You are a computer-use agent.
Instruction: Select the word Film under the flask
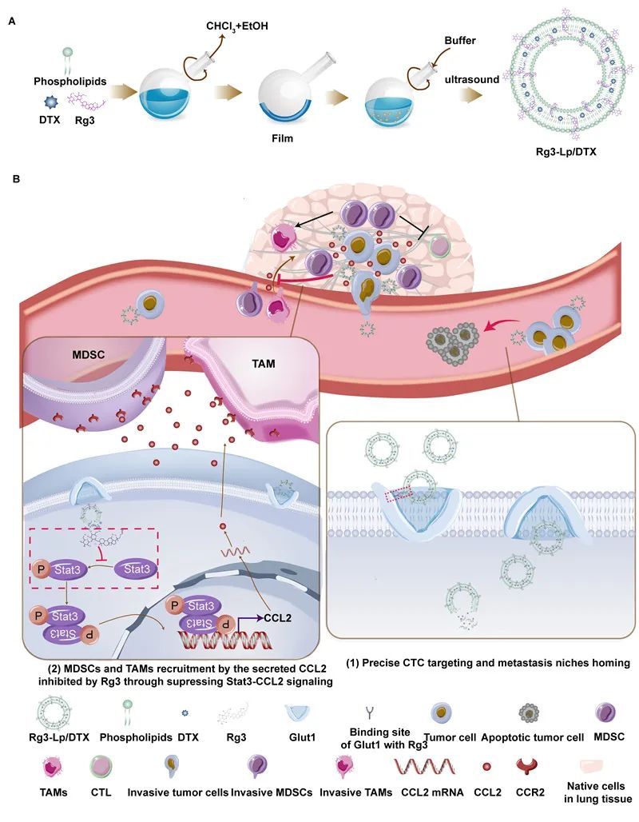click(281, 138)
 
